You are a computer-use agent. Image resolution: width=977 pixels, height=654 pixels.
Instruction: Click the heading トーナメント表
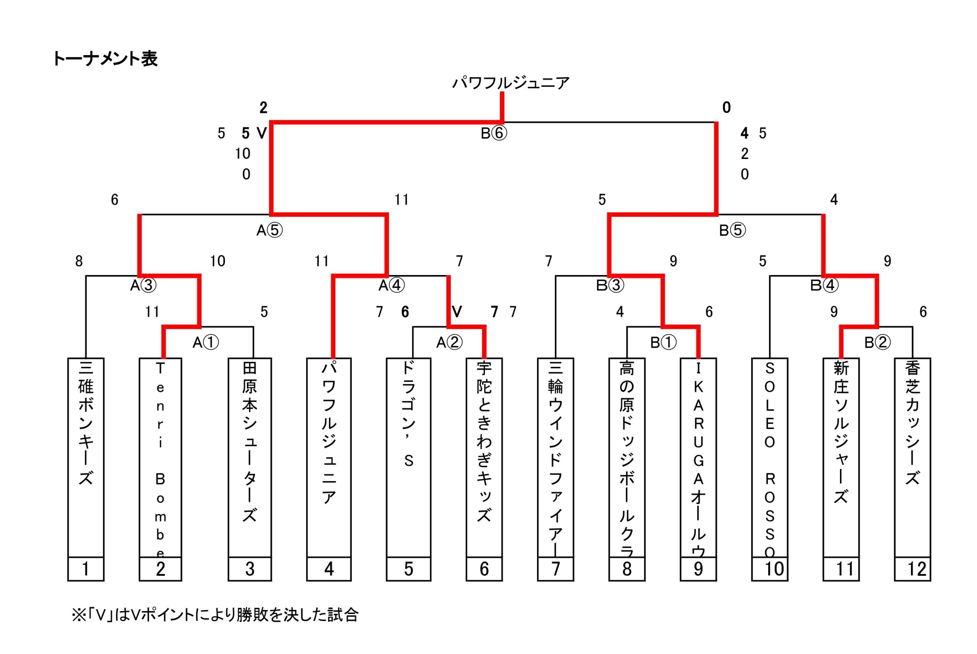point(105,59)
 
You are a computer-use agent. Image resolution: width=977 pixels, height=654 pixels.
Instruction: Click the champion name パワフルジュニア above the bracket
point(510,83)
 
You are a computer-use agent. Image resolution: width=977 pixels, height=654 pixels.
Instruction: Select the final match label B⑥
point(494,133)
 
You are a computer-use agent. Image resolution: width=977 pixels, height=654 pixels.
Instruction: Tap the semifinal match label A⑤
point(269,230)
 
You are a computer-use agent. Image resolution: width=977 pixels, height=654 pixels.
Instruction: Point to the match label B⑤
point(732,230)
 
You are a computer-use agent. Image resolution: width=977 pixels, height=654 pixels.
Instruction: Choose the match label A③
point(143,286)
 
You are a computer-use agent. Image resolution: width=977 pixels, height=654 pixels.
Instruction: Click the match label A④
point(391,286)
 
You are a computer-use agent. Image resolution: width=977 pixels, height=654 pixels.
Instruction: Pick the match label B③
point(610,286)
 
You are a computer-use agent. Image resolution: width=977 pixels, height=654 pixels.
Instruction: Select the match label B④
point(824,286)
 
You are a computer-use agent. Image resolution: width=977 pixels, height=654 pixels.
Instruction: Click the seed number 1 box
point(86,569)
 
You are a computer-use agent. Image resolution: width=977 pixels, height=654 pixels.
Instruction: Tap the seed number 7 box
point(555,569)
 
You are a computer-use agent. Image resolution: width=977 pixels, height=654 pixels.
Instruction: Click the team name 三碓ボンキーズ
point(86,423)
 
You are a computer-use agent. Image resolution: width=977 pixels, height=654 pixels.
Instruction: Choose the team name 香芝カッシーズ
point(913,423)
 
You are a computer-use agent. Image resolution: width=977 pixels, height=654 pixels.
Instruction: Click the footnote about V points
point(215,615)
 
